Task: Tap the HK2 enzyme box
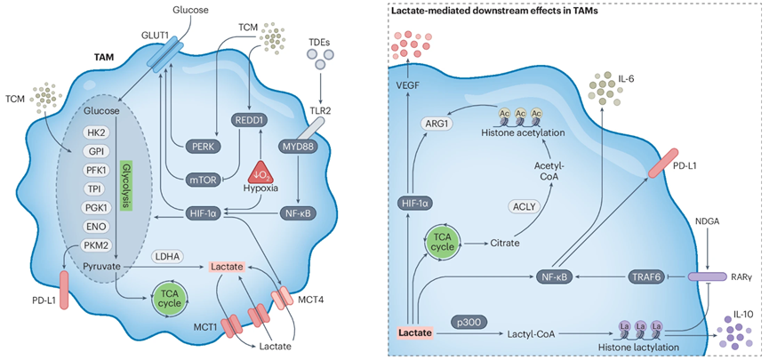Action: pyautogui.click(x=91, y=132)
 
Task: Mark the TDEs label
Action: pyautogui.click(x=320, y=41)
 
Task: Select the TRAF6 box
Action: pyautogui.click(x=647, y=276)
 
